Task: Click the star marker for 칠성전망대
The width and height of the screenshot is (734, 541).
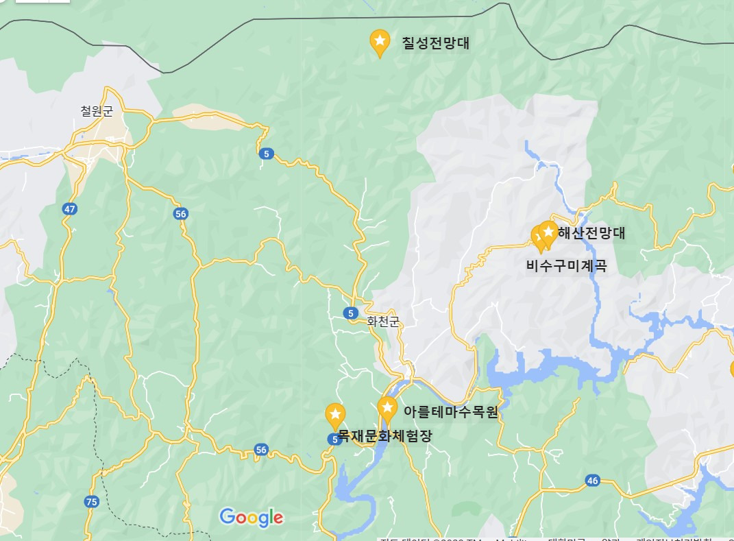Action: pos(380,42)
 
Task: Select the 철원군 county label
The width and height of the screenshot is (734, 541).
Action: pos(96,111)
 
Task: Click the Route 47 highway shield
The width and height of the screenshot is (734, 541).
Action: pos(69,208)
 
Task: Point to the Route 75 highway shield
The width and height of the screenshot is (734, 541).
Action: pos(92,501)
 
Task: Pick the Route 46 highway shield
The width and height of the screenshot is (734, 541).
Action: pos(593,481)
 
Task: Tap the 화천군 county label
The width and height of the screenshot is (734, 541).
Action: pos(382,322)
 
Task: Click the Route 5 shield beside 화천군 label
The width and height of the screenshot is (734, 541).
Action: pos(352,313)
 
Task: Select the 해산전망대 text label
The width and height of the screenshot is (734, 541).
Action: pos(591,232)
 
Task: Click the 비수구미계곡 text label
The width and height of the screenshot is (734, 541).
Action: pos(566,266)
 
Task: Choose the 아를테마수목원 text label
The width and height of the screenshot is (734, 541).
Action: pos(450,412)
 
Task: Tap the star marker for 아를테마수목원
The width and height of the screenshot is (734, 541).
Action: pos(388,409)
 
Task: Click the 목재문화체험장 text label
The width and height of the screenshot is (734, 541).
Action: pos(386,436)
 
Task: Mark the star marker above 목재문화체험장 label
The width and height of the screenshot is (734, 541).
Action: pos(335,415)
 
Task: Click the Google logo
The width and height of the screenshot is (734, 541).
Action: pos(252,517)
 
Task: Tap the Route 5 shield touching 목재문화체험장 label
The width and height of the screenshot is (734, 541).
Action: pos(334,440)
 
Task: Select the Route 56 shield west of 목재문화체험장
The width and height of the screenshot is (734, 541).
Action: pos(260,450)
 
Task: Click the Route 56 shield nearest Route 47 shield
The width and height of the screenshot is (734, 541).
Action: pos(180,214)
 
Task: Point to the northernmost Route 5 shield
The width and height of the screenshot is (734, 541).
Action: pos(265,154)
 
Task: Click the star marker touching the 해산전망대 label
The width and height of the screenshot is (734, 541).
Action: pos(548,231)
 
